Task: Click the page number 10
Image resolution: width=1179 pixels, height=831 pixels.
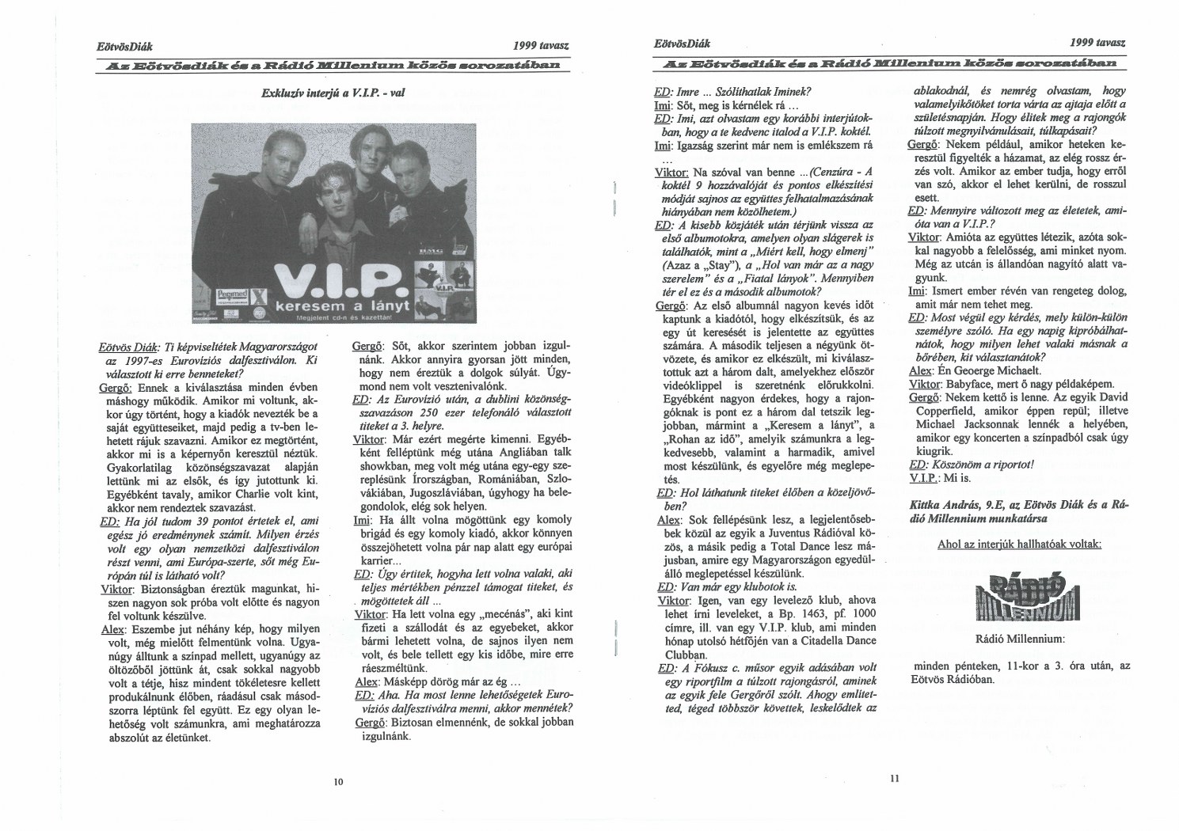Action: (x=338, y=781)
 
